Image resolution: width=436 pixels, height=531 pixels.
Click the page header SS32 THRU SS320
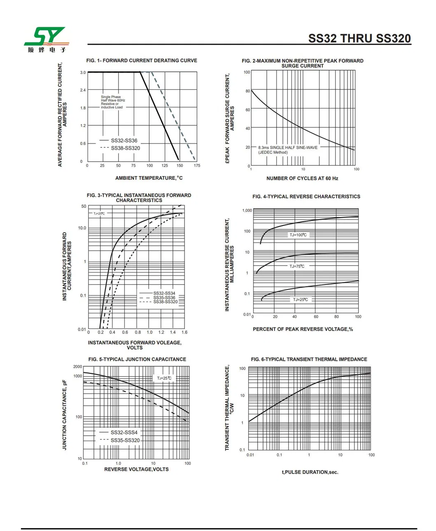tap(359, 38)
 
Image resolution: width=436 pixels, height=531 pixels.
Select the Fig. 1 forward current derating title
tap(142, 61)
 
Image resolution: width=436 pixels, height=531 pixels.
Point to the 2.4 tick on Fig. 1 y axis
tap(83, 90)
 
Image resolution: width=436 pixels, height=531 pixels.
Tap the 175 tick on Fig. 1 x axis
tap(197, 166)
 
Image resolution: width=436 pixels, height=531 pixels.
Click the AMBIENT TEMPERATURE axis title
tap(149, 178)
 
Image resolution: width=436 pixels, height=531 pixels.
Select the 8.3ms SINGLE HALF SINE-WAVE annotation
tap(288, 148)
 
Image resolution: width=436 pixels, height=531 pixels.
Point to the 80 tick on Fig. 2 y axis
tap(248, 91)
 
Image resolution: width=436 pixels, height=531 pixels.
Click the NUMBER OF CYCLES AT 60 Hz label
tap(302, 179)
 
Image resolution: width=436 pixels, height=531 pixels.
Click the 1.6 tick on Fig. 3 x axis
tap(184, 332)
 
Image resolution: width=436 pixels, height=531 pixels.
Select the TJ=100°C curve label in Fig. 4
tap(298, 235)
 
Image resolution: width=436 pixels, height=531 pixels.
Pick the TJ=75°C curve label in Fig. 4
tap(297, 266)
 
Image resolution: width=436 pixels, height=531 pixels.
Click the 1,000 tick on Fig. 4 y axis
tap(247, 211)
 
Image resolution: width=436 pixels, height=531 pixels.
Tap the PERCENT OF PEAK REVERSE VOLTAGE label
tap(303, 329)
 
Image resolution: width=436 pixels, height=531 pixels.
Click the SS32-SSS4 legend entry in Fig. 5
tap(124, 432)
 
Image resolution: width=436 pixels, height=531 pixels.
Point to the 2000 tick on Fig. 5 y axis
tap(78, 367)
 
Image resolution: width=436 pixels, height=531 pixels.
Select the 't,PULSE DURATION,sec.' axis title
tap(310, 472)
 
